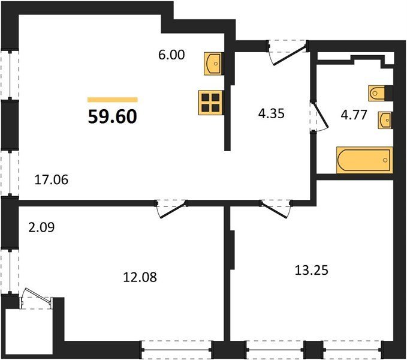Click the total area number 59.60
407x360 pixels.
[113, 116]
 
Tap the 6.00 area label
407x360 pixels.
[171, 55]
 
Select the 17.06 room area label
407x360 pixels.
[52, 179]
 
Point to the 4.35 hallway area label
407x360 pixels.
[272, 113]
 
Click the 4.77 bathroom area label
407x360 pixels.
[354, 115]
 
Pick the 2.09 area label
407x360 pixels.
[42, 227]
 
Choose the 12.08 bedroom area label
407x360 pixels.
[140, 277]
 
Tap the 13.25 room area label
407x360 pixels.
[312, 270]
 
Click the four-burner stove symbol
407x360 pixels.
[210, 103]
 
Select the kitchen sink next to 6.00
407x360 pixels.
[213, 64]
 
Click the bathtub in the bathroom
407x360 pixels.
[364, 160]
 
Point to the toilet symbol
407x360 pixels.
[376, 93]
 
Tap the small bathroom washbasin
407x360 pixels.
[385, 120]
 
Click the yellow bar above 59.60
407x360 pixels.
[113, 100]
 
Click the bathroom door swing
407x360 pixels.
[320, 116]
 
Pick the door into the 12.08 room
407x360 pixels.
[171, 208]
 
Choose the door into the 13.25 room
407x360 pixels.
[276, 208]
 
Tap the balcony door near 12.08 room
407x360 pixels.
[37, 298]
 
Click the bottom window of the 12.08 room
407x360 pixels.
[177, 350]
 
